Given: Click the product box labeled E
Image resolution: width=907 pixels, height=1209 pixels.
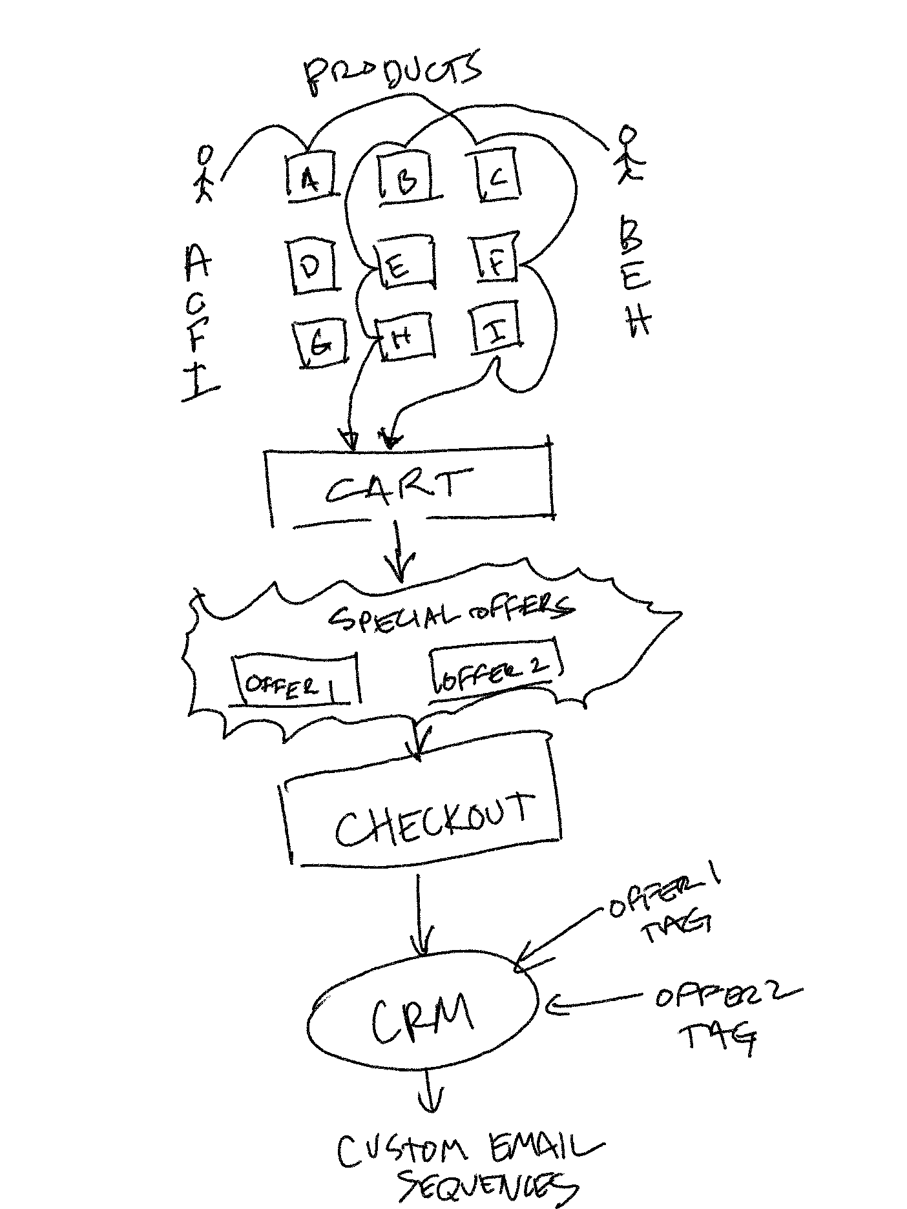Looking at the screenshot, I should coord(404,263).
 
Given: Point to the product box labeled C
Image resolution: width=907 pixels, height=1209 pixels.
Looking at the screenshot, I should coord(495,176).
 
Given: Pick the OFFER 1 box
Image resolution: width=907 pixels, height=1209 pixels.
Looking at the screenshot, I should coord(293,683).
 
